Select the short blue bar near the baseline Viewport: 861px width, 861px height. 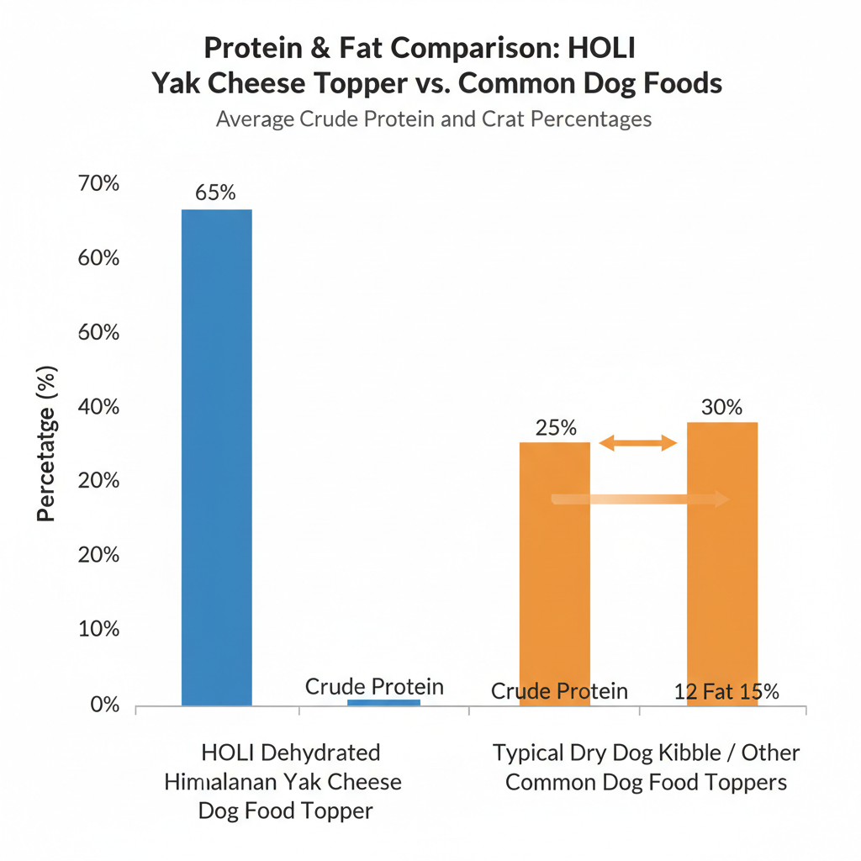[x=383, y=702]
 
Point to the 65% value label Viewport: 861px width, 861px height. [x=216, y=192]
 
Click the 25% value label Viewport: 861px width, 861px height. [x=556, y=426]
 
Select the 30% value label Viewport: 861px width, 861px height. [x=721, y=408]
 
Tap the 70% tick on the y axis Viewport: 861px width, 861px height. [x=98, y=183]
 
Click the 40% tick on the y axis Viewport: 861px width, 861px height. [x=98, y=407]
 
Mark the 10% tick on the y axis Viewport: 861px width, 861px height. [x=98, y=629]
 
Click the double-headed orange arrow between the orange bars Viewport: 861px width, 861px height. [x=637, y=442]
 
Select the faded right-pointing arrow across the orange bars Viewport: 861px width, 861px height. [x=639, y=499]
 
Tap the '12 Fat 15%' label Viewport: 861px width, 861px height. [x=726, y=692]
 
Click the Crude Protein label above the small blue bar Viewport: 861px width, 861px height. [x=374, y=686]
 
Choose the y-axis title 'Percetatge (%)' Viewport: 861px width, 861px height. [x=46, y=444]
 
